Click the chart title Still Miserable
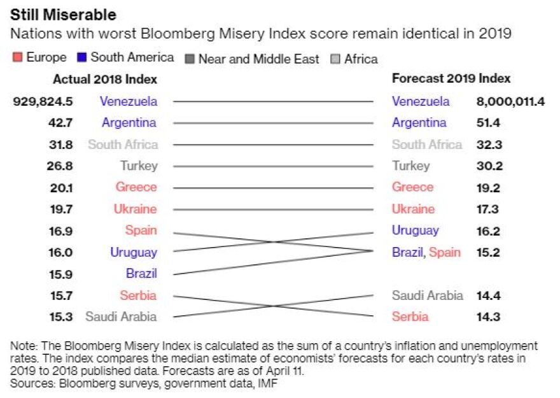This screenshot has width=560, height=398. pyautogui.click(x=63, y=14)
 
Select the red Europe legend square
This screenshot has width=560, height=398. pyautogui.click(x=17, y=58)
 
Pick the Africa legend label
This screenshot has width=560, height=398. pyautogui.click(x=361, y=59)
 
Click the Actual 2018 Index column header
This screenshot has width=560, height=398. pyautogui.click(x=105, y=80)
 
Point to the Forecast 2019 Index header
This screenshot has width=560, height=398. pyautogui.click(x=451, y=79)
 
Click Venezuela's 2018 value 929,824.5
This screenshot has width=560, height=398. pyautogui.click(x=43, y=101)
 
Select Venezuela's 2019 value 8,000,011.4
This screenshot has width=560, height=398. pyautogui.click(x=510, y=101)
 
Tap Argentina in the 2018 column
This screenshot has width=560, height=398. pyautogui.click(x=129, y=123)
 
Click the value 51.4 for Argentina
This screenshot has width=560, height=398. pyautogui.click(x=489, y=123)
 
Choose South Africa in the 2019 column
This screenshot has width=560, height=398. pyautogui.click(x=427, y=145)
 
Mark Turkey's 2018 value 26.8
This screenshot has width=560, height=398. pyautogui.click(x=61, y=166)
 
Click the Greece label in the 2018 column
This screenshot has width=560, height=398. pyautogui.click(x=136, y=187)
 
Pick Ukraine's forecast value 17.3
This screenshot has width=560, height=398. pyautogui.click(x=489, y=209)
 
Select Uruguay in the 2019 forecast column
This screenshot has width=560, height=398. pyautogui.click(x=415, y=231)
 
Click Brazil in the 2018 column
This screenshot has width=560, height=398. pyautogui.click(x=141, y=274)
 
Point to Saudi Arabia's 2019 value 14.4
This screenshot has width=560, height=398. pyautogui.click(x=489, y=295)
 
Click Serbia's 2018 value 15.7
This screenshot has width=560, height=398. pyautogui.click(x=61, y=295)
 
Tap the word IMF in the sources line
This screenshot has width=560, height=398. pyautogui.click(x=267, y=384)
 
